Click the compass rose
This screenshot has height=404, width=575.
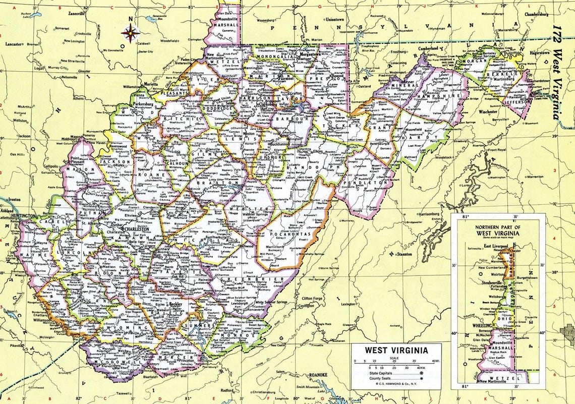(x=130, y=34)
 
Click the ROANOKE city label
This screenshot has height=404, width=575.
(x=318, y=375)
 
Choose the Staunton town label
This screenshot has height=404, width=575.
(x=404, y=254)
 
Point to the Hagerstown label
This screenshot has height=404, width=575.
(x=538, y=52)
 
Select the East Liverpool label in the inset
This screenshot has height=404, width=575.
(x=495, y=246)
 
